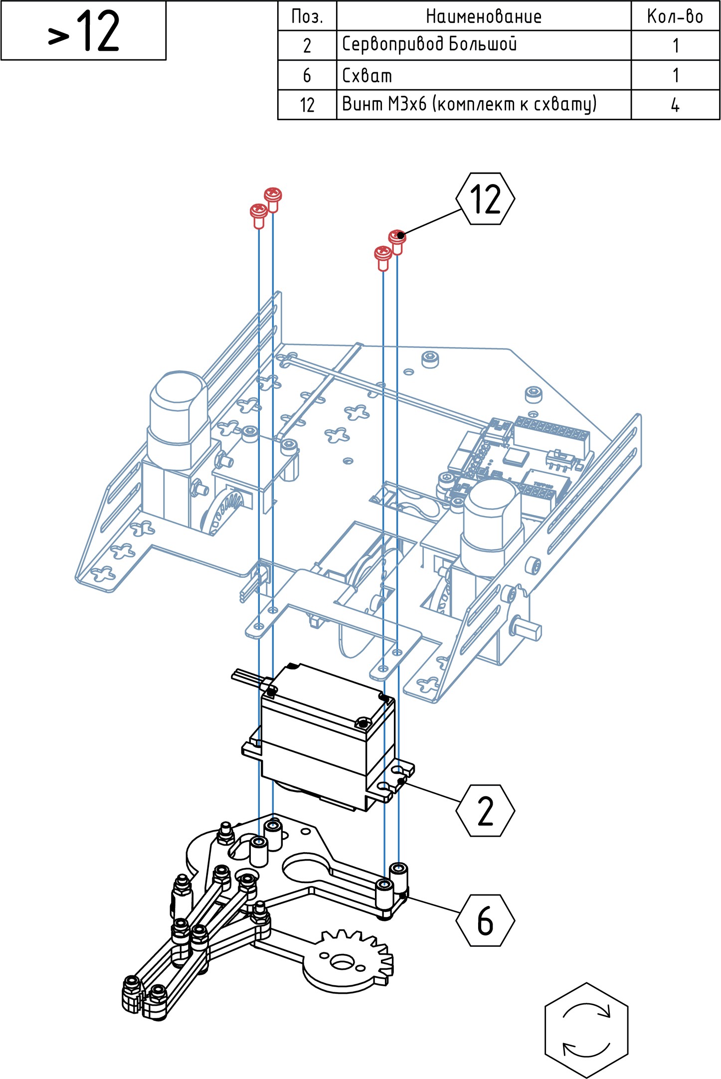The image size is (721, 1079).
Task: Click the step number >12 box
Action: (83, 31)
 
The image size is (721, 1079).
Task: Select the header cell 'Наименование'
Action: (483, 16)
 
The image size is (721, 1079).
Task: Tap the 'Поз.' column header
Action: (307, 16)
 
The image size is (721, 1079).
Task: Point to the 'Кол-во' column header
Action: (675, 16)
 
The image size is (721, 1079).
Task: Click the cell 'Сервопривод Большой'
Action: (483, 45)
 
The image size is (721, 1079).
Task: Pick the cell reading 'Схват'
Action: (483, 75)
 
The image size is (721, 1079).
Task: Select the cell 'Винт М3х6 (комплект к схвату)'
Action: (483, 105)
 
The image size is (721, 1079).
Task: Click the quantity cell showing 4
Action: (675, 105)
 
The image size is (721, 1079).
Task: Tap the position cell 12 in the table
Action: (307, 105)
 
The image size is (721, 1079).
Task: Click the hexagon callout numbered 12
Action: (485, 199)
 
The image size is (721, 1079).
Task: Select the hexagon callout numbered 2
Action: (485, 810)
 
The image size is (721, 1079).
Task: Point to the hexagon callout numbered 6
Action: (485, 920)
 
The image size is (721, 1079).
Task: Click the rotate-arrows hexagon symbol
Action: (586, 1030)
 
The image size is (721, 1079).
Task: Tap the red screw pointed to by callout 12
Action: (397, 239)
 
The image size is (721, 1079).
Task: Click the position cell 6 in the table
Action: (307, 75)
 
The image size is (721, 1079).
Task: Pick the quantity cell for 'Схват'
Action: (675, 75)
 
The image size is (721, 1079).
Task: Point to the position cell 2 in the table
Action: (307, 45)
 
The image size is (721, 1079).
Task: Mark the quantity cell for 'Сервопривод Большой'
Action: (675, 45)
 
